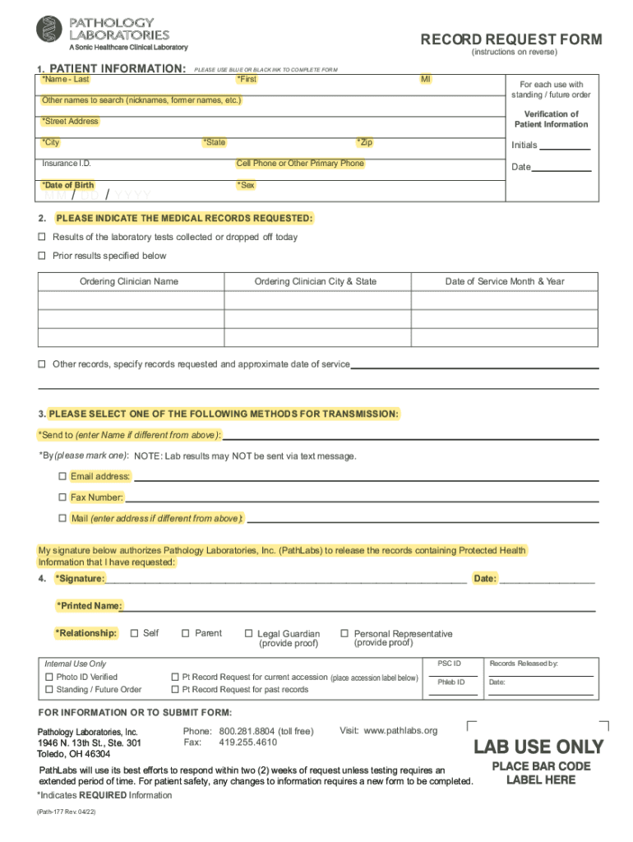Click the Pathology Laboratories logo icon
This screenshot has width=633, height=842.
[49, 30]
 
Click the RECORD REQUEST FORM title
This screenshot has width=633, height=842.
[511, 39]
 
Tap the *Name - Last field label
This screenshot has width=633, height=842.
[66, 80]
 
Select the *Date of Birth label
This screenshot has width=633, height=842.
[67, 185]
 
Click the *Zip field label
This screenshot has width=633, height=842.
[364, 142]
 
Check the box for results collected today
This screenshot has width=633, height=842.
[42, 237]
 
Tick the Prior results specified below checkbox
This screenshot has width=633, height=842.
[42, 256]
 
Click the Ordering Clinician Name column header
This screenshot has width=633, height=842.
[129, 281]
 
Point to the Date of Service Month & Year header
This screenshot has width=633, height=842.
[505, 281]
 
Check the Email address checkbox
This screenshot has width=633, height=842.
[62, 476]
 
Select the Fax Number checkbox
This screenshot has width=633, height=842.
[62, 497]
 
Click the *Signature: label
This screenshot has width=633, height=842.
[80, 579]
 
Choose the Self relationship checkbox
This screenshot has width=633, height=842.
[135, 633]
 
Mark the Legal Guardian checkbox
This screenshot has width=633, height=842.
[248, 634]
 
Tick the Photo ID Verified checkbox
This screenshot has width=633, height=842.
[48, 677]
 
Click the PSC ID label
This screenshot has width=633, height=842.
[449, 663]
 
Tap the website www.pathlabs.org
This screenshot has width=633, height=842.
[400, 730]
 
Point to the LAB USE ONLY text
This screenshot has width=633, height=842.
[538, 747]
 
